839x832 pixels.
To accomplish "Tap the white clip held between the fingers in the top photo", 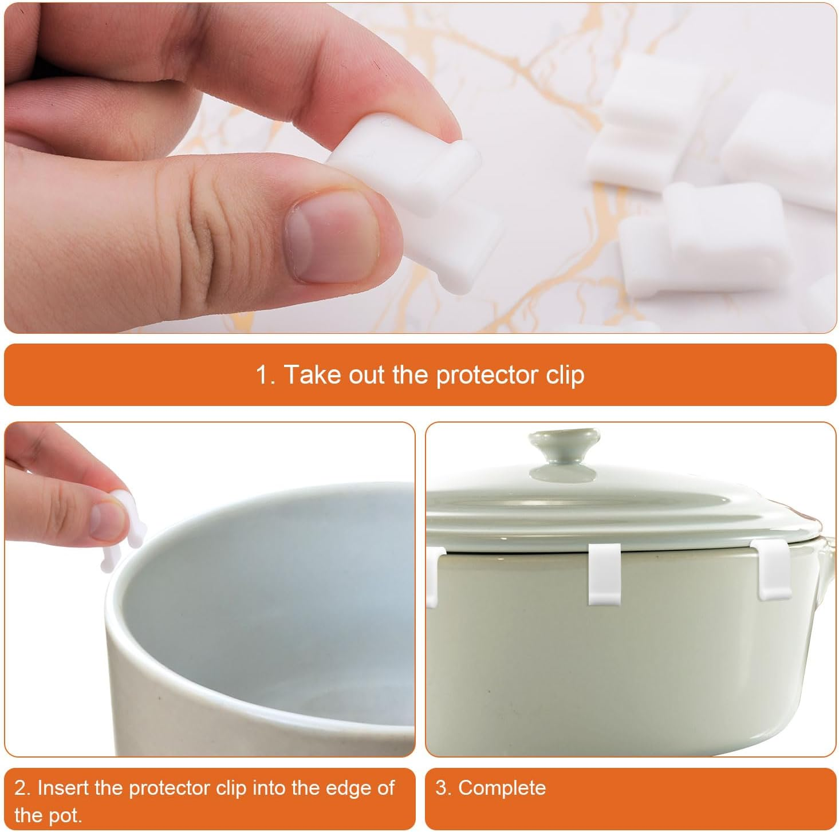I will point(424,189).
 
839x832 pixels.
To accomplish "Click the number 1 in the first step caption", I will point(262,375).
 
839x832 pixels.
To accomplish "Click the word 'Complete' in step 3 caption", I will point(502,788).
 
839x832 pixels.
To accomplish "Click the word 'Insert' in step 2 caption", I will point(63,788).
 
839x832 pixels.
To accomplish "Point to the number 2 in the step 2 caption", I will point(21,788).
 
